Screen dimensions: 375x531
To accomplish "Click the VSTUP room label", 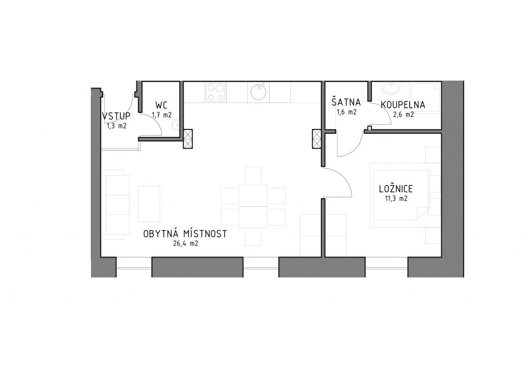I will click(x=116, y=116).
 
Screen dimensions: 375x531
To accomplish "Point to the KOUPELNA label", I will click(x=403, y=105).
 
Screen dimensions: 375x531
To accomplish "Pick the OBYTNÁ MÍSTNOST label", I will click(x=185, y=234).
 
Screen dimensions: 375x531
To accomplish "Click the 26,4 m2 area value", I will click(x=185, y=244).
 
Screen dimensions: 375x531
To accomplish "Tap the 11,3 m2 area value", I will click(x=396, y=198).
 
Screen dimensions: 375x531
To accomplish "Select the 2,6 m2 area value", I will click(x=403, y=115).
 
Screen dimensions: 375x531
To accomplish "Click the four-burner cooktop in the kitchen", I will click(x=216, y=92).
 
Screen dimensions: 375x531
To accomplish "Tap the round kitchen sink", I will click(x=258, y=92).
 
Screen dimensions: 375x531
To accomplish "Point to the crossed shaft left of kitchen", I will click(x=188, y=139).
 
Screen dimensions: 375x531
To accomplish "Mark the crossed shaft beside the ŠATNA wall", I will click(x=317, y=139).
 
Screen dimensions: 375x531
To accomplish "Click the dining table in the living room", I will click(x=253, y=206).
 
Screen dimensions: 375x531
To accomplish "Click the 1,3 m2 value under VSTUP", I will click(x=115, y=125).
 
